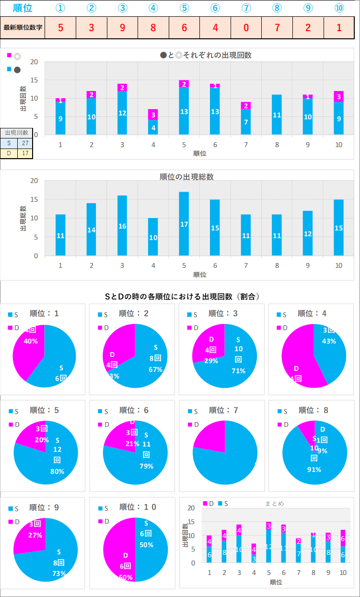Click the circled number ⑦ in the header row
pyautogui.click(x=246, y=8)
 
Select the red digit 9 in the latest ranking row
pyautogui.click(x=122, y=28)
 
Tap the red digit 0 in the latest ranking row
pyautogui.click(x=246, y=28)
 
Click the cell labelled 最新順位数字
pyautogui.click(x=23, y=28)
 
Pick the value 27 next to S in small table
pyautogui.click(x=25, y=143)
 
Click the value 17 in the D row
pyautogui.click(x=25, y=154)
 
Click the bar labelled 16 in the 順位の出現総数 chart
pyautogui.click(x=122, y=225)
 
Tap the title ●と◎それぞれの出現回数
pyautogui.click(x=206, y=55)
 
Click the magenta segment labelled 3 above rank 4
pyautogui.click(x=153, y=115)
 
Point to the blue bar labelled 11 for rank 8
pyautogui.click(x=277, y=115)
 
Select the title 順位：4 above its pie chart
pyautogui.click(x=312, y=313)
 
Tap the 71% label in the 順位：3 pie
pyautogui.click(x=238, y=371)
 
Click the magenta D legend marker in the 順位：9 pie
pyautogui.click(x=11, y=521)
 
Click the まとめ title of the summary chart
pyautogui.click(x=275, y=504)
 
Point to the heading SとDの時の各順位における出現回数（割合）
pyautogui.click(x=183, y=297)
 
